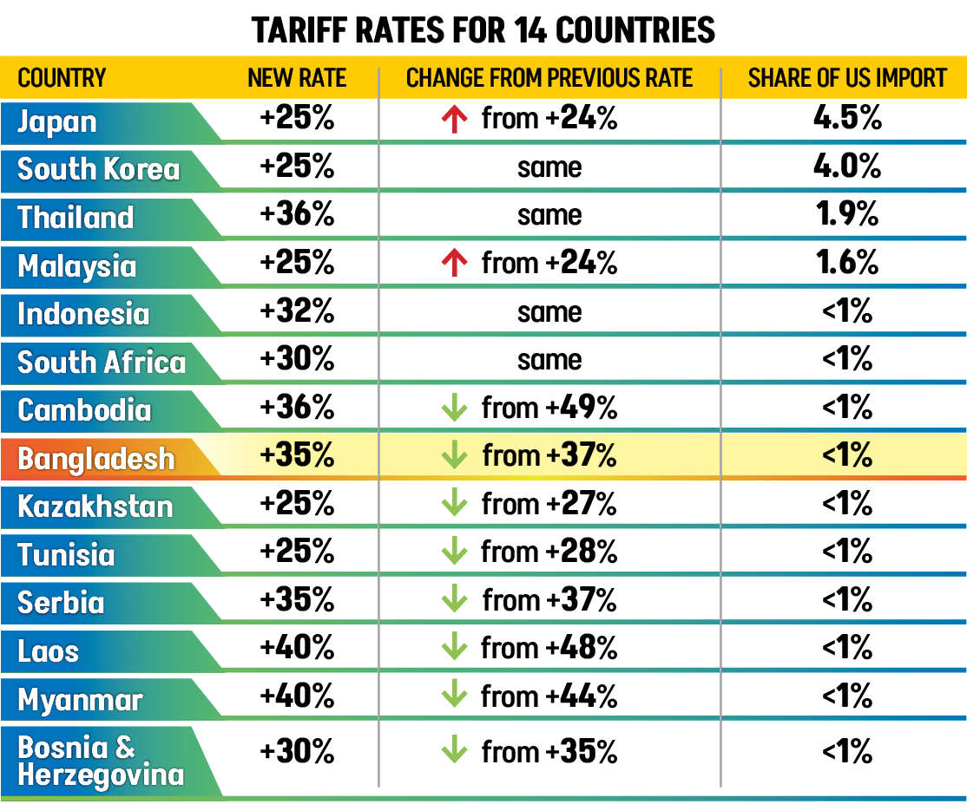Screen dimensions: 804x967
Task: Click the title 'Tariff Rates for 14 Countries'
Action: pyautogui.click(x=483, y=30)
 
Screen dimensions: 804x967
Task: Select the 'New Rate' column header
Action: pyautogui.click(x=297, y=78)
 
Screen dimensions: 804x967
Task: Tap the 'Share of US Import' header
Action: pyautogui.click(x=846, y=78)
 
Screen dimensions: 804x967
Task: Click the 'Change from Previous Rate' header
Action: pyautogui.click(x=549, y=78)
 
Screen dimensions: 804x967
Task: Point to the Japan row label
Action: pyautogui.click(x=57, y=121)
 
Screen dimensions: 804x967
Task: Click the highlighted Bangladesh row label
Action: pyautogui.click(x=95, y=458)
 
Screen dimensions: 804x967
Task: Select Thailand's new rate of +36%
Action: pyautogui.click(x=297, y=215)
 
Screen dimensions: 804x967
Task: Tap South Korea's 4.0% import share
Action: pyautogui.click(x=846, y=167)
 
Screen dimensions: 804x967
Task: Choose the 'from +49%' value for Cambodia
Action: pyautogui.click(x=549, y=409)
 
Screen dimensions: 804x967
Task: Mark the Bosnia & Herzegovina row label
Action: pyautogui.click(x=101, y=761)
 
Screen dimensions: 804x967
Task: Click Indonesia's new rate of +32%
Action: pyautogui.click(x=297, y=312)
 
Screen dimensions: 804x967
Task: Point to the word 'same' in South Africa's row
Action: pyautogui.click(x=549, y=361)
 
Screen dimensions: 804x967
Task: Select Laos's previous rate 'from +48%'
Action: pyautogui.click(x=549, y=648)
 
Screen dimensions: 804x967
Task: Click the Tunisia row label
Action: pyautogui.click(x=66, y=554)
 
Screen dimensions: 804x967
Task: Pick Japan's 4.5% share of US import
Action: pyautogui.click(x=846, y=119)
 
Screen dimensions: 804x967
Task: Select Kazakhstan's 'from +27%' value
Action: pyautogui.click(x=549, y=505)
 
